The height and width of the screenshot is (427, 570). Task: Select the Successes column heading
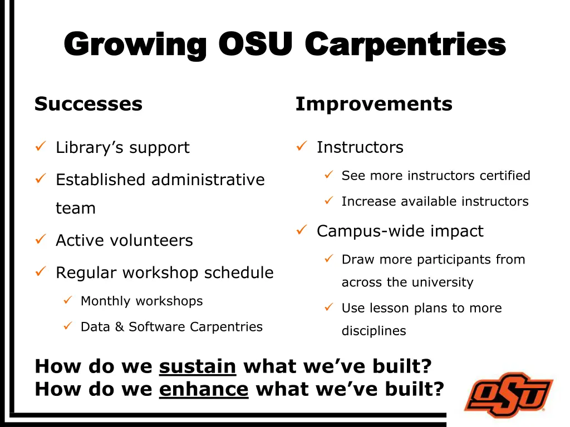(89, 104)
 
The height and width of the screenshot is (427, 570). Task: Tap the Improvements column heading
(374, 104)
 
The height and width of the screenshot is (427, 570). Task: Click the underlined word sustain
(198, 366)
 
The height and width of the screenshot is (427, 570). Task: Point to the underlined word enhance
(204, 389)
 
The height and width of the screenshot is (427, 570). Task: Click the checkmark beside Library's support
(40, 147)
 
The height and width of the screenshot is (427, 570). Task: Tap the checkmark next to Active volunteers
(40, 240)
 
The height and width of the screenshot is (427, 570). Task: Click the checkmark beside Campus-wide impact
(301, 230)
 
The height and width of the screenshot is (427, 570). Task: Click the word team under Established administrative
(76, 208)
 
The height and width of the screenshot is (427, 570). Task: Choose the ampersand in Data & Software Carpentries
(119, 327)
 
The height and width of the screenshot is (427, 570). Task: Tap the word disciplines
(374, 331)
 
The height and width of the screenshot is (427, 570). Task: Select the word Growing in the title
(136, 44)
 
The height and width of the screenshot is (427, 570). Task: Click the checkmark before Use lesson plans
(329, 307)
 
